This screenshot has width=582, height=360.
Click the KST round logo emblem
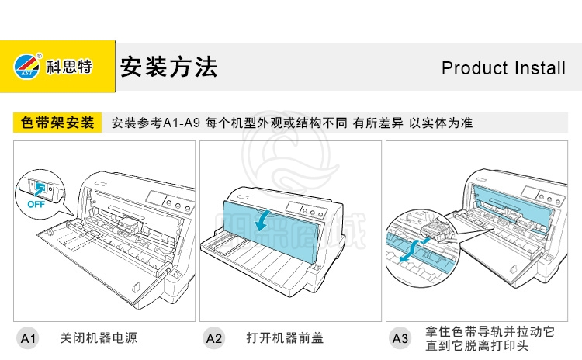pyautogui.click(x=27, y=66)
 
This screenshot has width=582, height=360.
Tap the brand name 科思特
pyautogui.click(x=69, y=67)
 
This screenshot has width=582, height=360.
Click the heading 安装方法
pyautogui.click(x=168, y=67)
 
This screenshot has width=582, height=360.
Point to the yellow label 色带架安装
pyautogui.click(x=57, y=123)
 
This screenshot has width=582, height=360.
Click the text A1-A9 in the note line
pyautogui.click(x=182, y=123)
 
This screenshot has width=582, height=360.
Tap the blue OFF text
pyautogui.click(x=36, y=204)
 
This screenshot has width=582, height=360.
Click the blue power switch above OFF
pyautogui.click(x=39, y=188)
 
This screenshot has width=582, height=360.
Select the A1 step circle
pyautogui.click(x=28, y=338)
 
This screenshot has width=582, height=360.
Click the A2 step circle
pyautogui.click(x=214, y=338)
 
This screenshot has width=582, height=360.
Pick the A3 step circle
pyautogui.click(x=400, y=338)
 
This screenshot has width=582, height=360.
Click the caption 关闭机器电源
pyautogui.click(x=99, y=338)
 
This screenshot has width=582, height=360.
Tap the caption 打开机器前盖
pyautogui.click(x=285, y=338)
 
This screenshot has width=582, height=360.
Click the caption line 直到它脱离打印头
pyautogui.click(x=477, y=346)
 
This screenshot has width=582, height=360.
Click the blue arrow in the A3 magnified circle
pyautogui.click(x=412, y=250)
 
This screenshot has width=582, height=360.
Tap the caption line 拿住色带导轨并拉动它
pyautogui.click(x=490, y=331)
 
